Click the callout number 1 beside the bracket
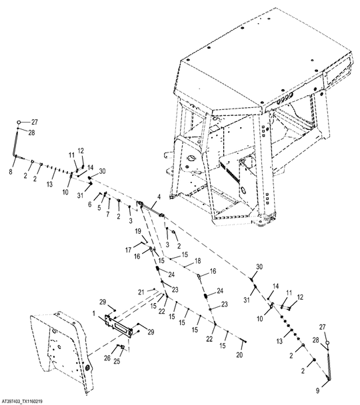94,314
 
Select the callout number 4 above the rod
159,197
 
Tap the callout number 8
11,171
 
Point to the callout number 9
317,391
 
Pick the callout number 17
129,250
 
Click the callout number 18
198,261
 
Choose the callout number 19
138,231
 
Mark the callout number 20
239,355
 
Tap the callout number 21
141,292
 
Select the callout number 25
117,361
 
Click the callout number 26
107,358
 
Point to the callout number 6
90,204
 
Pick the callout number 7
108,214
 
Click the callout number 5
99,208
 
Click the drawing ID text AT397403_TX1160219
22,402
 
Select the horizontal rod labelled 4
151,208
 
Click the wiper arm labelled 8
15,144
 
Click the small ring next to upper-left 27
19,122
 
